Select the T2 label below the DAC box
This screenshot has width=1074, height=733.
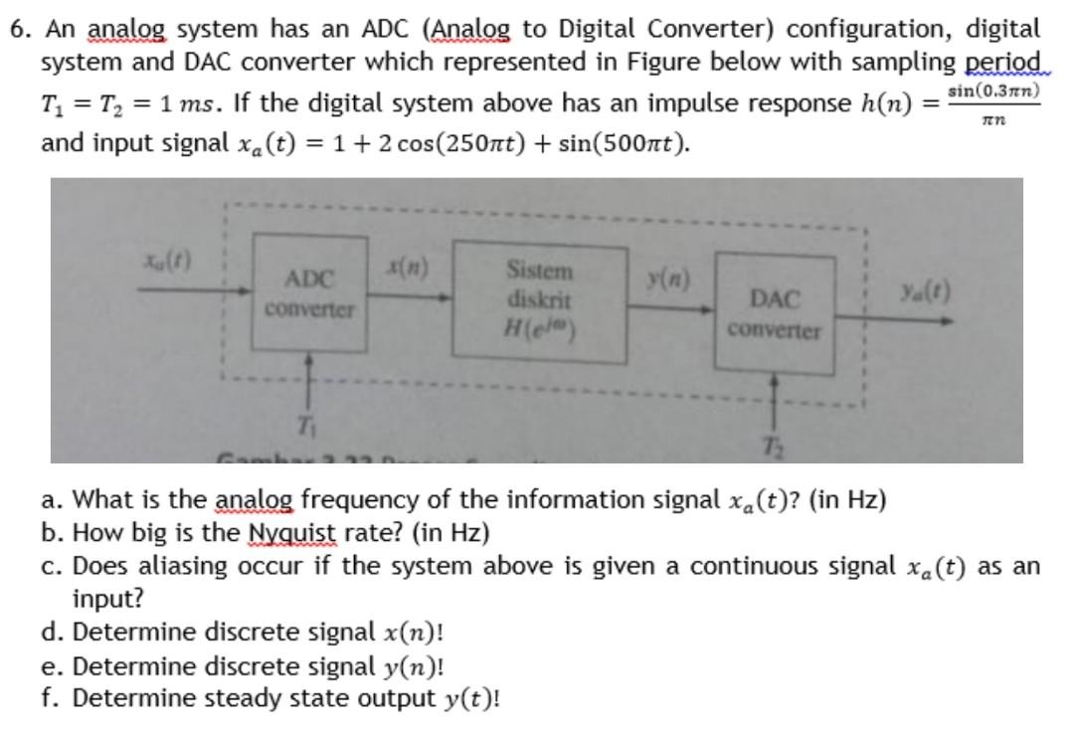pyautogui.click(x=777, y=445)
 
